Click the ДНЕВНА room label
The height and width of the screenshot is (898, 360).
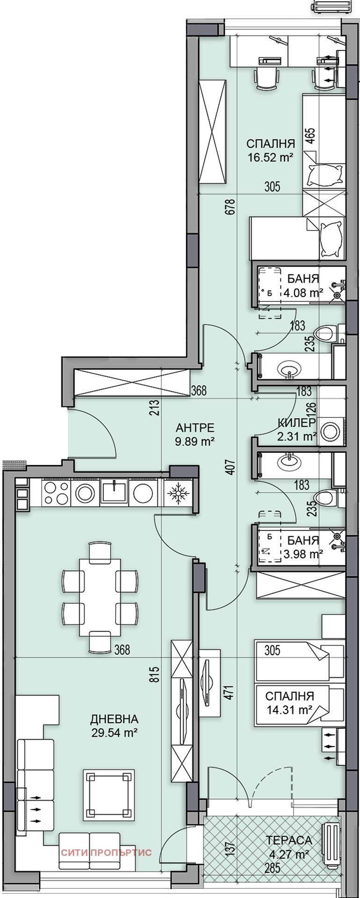click(x=114, y=719)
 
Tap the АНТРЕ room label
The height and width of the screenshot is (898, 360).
click(x=195, y=427)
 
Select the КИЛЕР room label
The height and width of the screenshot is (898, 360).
click(x=296, y=423)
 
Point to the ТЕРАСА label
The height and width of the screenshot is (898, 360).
click(x=289, y=840)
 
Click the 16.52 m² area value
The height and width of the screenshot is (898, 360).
click(x=271, y=157)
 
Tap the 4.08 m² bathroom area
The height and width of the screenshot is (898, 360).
click(x=303, y=293)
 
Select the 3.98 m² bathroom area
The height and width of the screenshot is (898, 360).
click(x=303, y=554)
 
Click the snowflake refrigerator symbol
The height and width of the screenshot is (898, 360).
click(x=178, y=493)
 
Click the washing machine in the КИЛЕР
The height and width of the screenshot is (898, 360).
click(x=331, y=431)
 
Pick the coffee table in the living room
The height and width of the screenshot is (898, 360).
click(x=109, y=795)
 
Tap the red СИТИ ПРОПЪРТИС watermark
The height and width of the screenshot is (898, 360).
click(x=106, y=853)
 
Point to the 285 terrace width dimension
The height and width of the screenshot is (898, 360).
click(x=272, y=869)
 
